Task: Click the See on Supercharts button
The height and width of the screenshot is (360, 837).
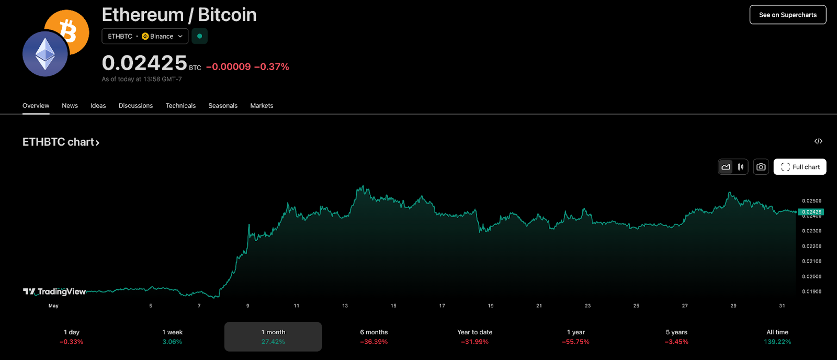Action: (x=787, y=15)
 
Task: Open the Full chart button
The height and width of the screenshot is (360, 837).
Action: (x=800, y=167)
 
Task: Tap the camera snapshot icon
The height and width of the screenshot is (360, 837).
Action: (x=761, y=167)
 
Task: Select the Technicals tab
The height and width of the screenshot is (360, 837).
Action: (x=180, y=106)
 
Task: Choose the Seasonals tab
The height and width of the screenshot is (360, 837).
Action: (x=223, y=106)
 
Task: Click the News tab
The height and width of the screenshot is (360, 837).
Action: (x=70, y=106)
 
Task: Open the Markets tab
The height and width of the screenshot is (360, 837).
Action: (x=262, y=106)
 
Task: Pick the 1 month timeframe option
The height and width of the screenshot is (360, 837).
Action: (x=273, y=336)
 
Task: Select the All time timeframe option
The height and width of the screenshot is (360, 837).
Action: (x=777, y=336)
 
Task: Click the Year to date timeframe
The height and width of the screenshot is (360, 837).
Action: (x=474, y=336)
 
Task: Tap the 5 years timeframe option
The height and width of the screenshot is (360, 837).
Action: (x=676, y=336)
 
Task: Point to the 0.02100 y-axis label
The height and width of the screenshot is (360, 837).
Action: (x=811, y=261)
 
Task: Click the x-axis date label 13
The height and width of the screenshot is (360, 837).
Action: (x=345, y=306)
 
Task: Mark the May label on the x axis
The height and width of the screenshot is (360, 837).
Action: (x=53, y=306)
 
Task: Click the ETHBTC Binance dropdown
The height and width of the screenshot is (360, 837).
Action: (x=145, y=36)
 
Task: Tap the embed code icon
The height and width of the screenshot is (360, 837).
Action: (x=818, y=141)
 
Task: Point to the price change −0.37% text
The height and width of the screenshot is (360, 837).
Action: (x=272, y=67)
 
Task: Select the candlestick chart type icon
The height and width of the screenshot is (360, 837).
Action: (x=741, y=167)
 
